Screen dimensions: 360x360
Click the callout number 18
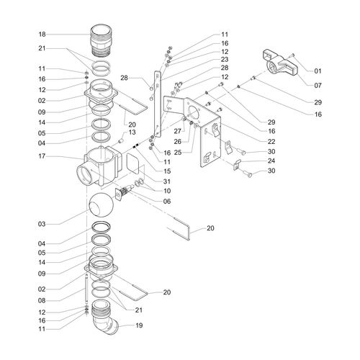pyautogui.click(x=42, y=35)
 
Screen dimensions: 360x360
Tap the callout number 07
pyautogui.click(x=318, y=85)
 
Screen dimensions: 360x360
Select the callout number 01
pyautogui.click(x=318, y=71)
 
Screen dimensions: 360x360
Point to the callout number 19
pyautogui.click(x=139, y=325)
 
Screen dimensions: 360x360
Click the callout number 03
pyautogui.click(x=42, y=224)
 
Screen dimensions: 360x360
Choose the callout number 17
pyautogui.click(x=42, y=156)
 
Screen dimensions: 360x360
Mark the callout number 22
pyautogui.click(x=271, y=141)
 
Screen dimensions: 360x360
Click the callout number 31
pyautogui.click(x=167, y=181)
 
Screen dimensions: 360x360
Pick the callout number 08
pyautogui.click(x=42, y=300)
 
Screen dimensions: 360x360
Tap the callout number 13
pyautogui.click(x=132, y=132)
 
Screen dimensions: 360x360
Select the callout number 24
pyautogui.click(x=271, y=161)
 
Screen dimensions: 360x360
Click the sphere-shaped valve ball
pyautogui.click(x=101, y=204)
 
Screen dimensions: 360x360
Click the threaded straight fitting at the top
pyautogui.click(x=102, y=40)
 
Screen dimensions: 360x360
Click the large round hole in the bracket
pyautogui.click(x=193, y=112)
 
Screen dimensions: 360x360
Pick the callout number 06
pyautogui.click(x=167, y=201)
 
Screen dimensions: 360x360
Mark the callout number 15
pyautogui.click(x=167, y=171)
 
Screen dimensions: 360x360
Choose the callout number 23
pyautogui.click(x=225, y=59)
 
